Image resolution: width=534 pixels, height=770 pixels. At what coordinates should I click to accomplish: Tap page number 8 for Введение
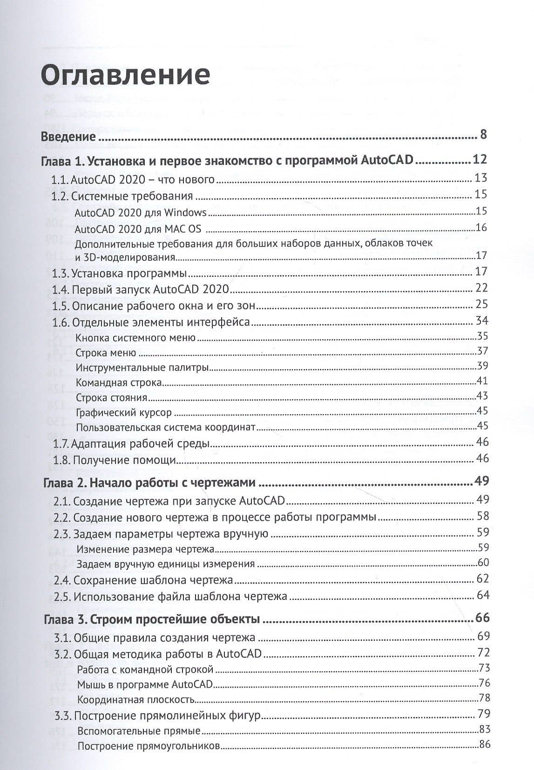click(483, 135)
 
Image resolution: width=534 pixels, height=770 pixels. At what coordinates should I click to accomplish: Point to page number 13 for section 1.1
click(480, 178)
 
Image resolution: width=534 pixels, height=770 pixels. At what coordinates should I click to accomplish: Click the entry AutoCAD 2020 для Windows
click(140, 213)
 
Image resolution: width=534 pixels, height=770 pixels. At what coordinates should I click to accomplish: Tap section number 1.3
click(60, 273)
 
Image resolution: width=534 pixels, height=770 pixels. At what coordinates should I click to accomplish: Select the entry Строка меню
click(106, 353)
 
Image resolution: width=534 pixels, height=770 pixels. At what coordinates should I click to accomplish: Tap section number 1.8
click(61, 460)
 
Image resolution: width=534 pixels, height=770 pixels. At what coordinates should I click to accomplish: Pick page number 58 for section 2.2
click(482, 516)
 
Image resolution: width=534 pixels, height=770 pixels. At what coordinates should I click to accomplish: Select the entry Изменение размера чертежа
click(145, 549)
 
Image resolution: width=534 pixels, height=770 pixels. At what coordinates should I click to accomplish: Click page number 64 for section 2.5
click(483, 595)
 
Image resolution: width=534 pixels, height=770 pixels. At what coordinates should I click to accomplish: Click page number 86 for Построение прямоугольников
click(485, 744)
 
